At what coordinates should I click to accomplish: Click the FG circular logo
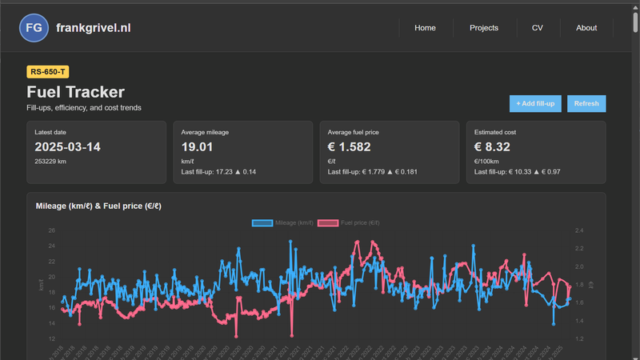(x=34, y=28)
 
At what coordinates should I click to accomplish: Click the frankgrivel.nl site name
(x=94, y=28)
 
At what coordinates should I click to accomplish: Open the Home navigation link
(x=425, y=28)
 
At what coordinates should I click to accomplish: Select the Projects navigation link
(x=484, y=28)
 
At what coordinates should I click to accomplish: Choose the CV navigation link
(x=537, y=28)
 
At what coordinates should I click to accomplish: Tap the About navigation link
(x=586, y=28)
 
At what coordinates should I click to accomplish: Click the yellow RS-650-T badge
(x=48, y=72)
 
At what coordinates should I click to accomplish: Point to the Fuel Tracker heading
(x=75, y=93)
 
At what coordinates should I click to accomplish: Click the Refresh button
(x=586, y=103)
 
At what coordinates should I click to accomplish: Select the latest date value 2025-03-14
(x=67, y=147)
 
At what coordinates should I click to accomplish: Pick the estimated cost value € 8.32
(x=492, y=147)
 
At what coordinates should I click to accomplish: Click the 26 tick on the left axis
(x=51, y=230)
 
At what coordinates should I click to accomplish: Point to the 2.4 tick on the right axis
(x=580, y=230)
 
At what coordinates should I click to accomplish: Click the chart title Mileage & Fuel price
(x=98, y=206)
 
